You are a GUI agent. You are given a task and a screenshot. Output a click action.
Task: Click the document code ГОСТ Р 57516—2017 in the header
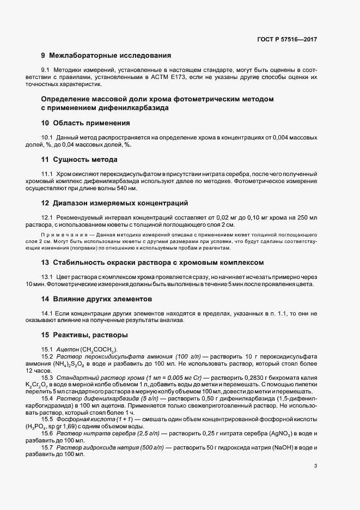[x=286, y=40]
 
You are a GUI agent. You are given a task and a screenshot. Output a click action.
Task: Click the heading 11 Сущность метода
[x=80, y=160]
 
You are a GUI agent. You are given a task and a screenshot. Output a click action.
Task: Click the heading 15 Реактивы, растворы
[x=84, y=334]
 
